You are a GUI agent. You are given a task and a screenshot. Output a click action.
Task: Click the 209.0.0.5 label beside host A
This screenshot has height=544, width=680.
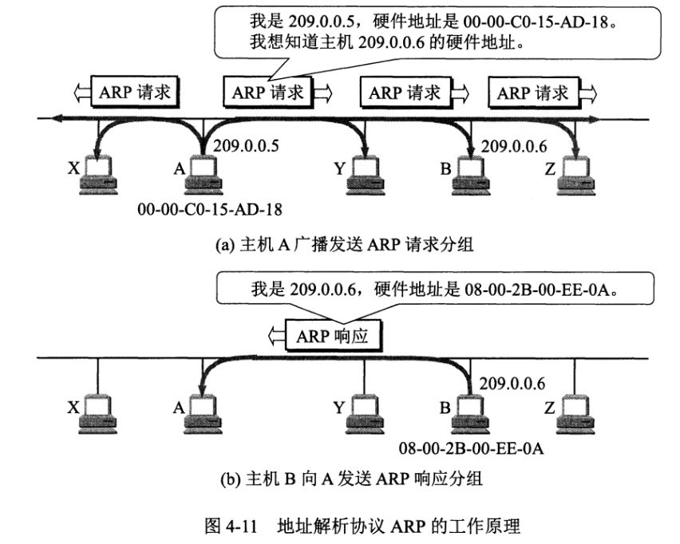pos(247,145)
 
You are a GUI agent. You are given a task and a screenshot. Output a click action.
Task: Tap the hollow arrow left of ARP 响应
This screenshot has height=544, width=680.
pos(278,336)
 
